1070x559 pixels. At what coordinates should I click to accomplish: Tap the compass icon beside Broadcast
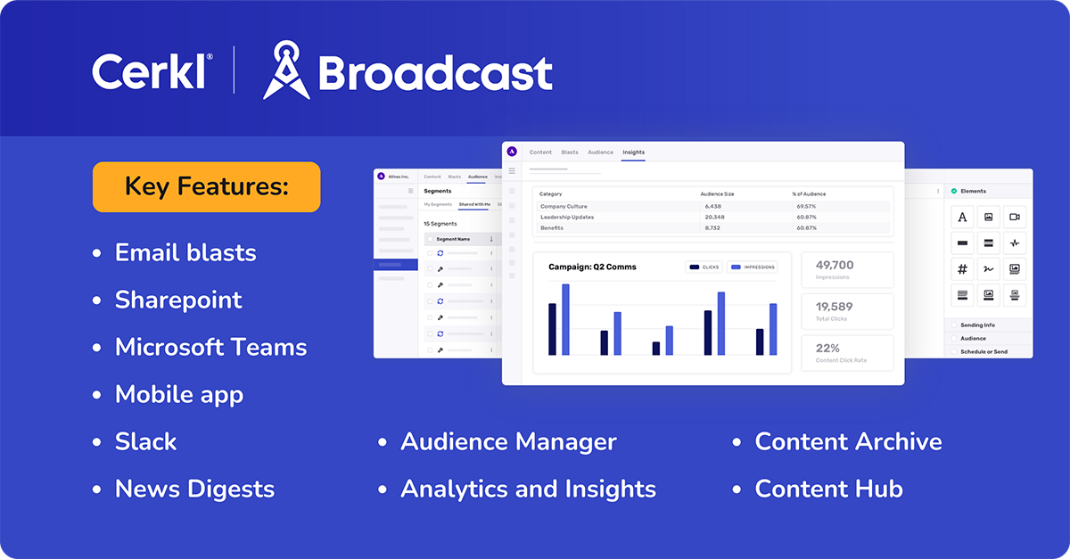285,70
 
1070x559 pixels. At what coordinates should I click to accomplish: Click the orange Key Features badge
206,186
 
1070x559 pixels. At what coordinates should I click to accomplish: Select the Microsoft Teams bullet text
210,347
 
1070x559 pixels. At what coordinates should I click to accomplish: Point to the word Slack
145,441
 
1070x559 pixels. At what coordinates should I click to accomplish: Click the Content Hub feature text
828,489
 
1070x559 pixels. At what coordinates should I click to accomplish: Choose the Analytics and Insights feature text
528,489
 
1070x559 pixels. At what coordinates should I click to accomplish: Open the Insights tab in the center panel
633,152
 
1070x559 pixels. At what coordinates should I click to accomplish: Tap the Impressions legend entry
753,267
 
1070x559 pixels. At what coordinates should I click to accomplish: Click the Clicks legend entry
704,267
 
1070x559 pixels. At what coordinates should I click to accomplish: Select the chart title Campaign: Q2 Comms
592,267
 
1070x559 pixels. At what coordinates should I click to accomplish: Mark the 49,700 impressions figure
834,265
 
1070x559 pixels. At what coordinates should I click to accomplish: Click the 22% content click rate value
827,348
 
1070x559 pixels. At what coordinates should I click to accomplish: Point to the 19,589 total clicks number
834,307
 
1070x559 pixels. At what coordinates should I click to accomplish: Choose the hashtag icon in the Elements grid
962,269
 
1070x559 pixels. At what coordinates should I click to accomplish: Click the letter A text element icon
962,217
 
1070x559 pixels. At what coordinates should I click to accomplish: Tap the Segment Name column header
453,239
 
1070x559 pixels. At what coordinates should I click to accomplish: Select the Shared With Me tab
474,205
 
